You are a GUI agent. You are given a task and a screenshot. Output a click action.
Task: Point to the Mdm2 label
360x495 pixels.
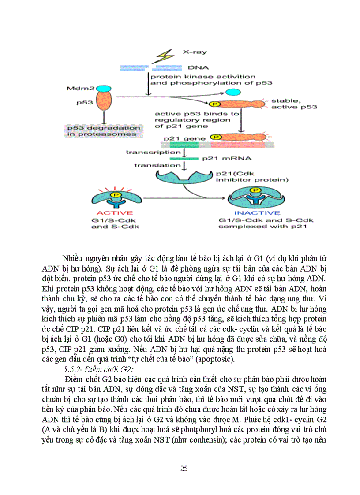coord(77,89)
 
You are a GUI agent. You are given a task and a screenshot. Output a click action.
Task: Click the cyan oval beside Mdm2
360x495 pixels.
coord(104,89)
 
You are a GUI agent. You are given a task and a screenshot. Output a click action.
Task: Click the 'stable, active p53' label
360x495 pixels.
coord(294,104)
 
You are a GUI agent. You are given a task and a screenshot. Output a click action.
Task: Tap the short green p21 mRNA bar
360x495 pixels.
coord(184,158)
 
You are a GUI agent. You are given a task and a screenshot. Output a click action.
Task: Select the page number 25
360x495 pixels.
coord(184,468)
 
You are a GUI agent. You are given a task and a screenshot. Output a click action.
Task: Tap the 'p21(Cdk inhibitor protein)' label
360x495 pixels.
coord(251,176)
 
